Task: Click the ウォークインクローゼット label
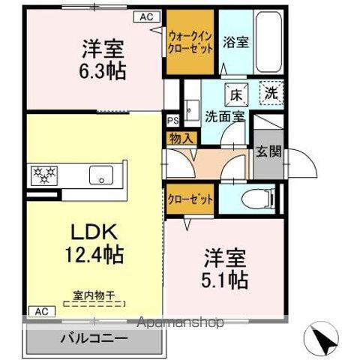click(x=190, y=40)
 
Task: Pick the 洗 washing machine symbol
click(x=271, y=94)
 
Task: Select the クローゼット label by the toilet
click(x=190, y=200)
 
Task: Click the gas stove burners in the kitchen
click(x=43, y=175)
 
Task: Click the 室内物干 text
click(x=94, y=295)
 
